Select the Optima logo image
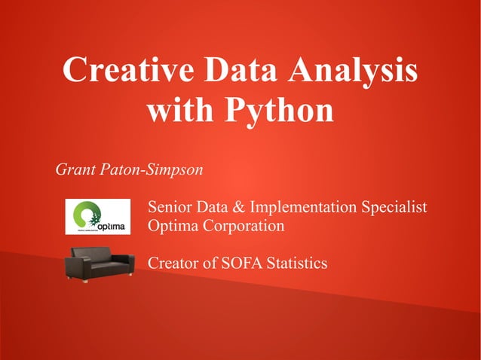click(x=97, y=216)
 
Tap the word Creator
click(x=173, y=264)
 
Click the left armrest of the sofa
click(x=70, y=268)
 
